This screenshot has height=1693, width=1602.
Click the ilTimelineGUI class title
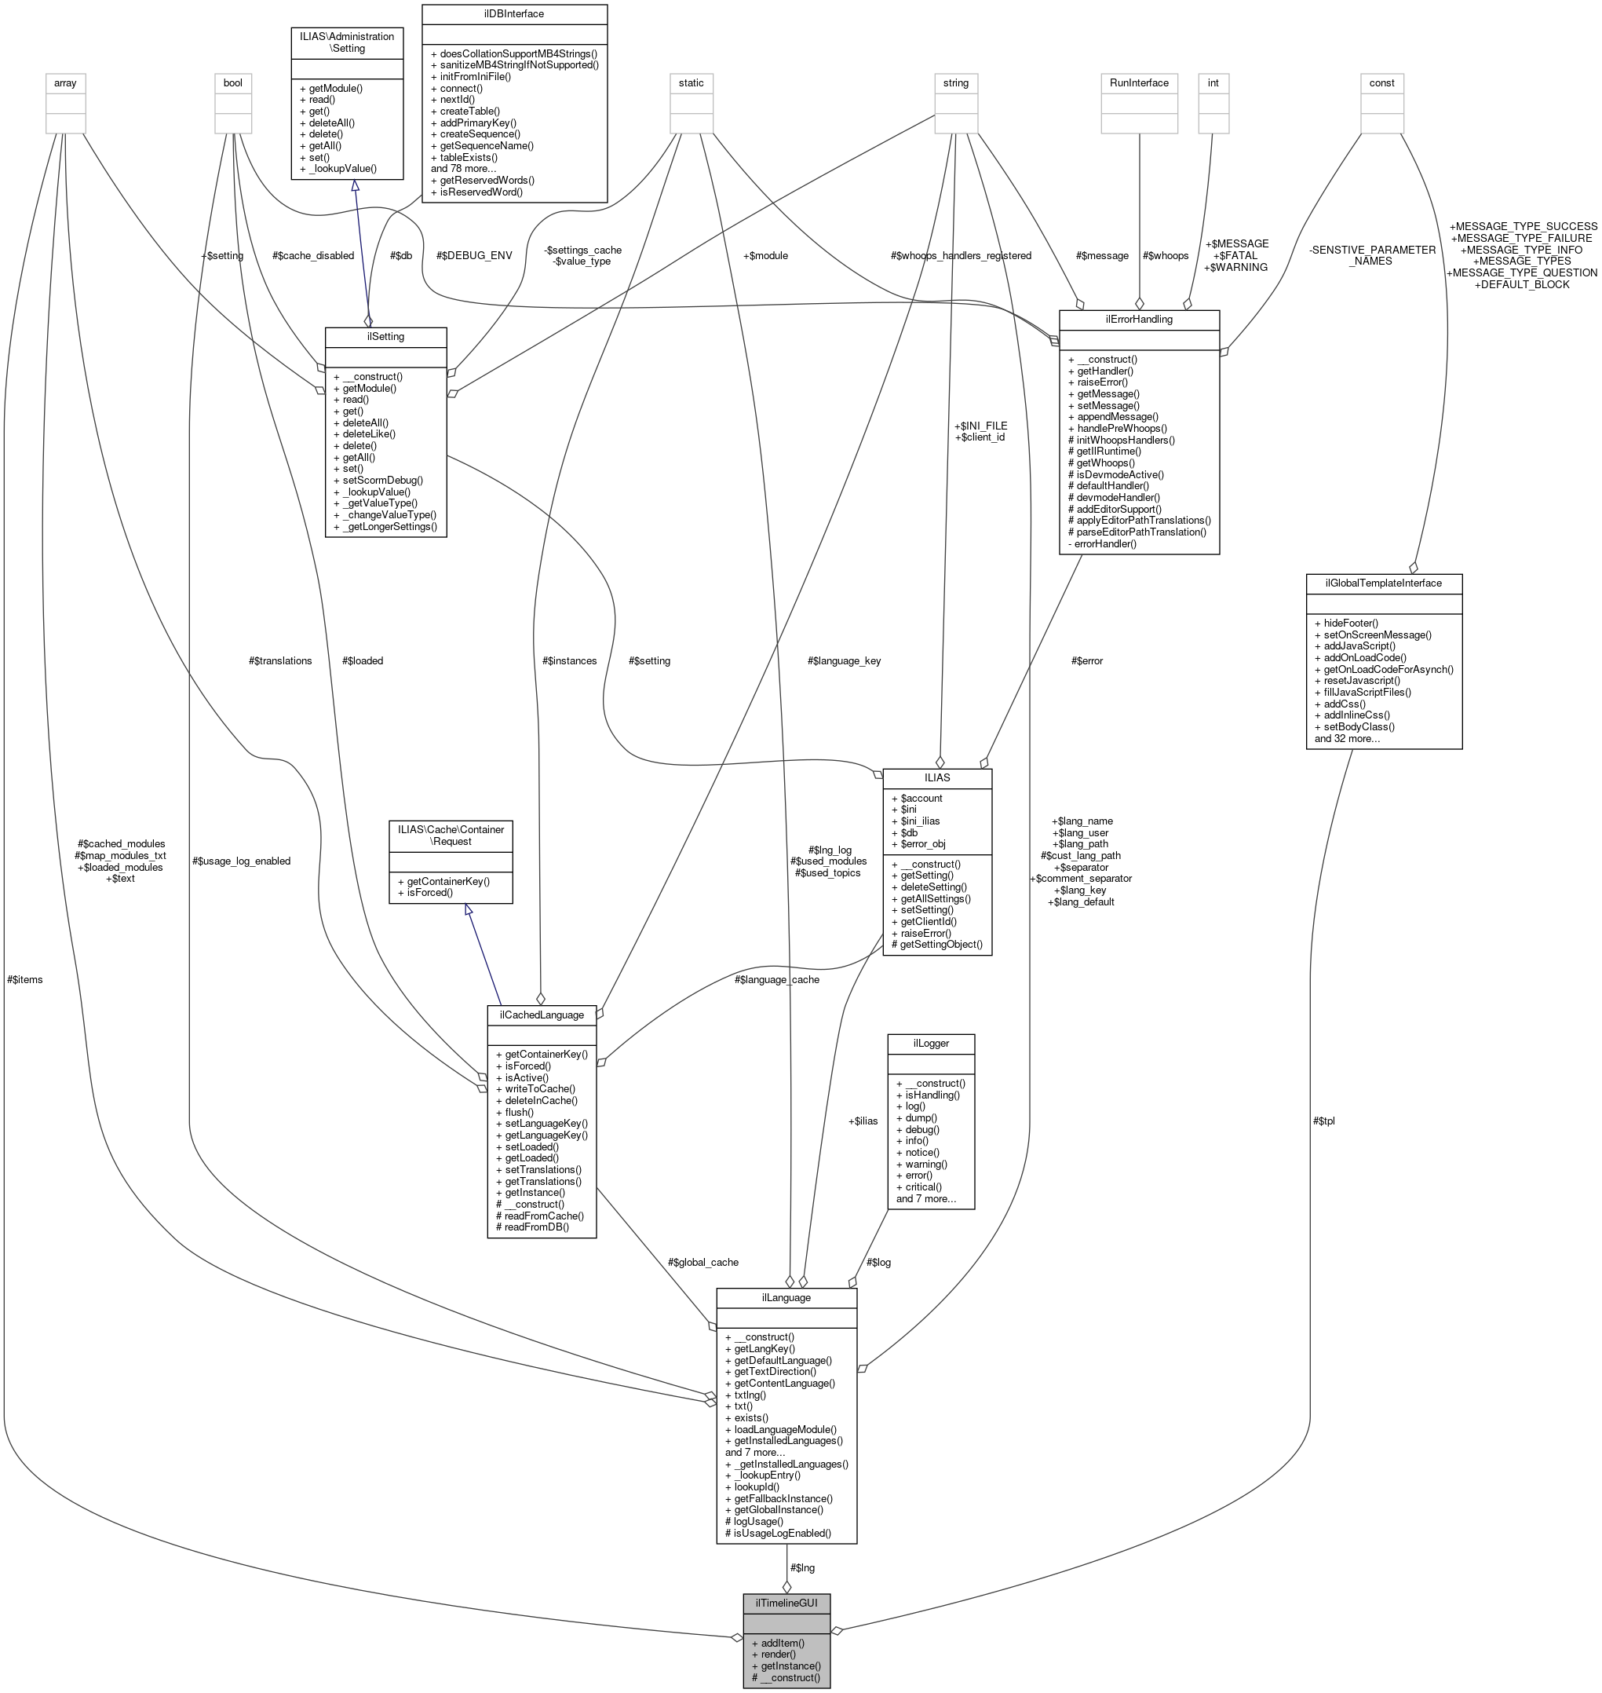[786, 1603]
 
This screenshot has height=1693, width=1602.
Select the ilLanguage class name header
[786, 1297]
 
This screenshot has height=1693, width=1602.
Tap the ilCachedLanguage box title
[542, 1015]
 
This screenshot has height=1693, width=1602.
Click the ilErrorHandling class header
[1138, 319]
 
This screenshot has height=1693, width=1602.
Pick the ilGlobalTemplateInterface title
[1383, 583]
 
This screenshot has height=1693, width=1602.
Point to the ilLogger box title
[931, 1043]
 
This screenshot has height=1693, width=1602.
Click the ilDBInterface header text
[513, 13]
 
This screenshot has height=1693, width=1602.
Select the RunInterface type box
[1138, 83]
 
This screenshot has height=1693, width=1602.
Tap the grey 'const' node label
[1381, 83]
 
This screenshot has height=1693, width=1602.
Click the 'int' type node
[1213, 83]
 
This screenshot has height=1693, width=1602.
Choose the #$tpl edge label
[1323, 1121]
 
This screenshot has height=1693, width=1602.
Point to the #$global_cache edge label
[702, 1262]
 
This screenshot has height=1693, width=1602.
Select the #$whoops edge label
[1165, 255]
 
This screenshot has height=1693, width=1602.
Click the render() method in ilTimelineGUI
[778, 1654]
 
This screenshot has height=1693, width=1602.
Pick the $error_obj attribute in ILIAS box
[921, 844]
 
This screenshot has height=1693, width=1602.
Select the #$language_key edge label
[844, 660]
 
